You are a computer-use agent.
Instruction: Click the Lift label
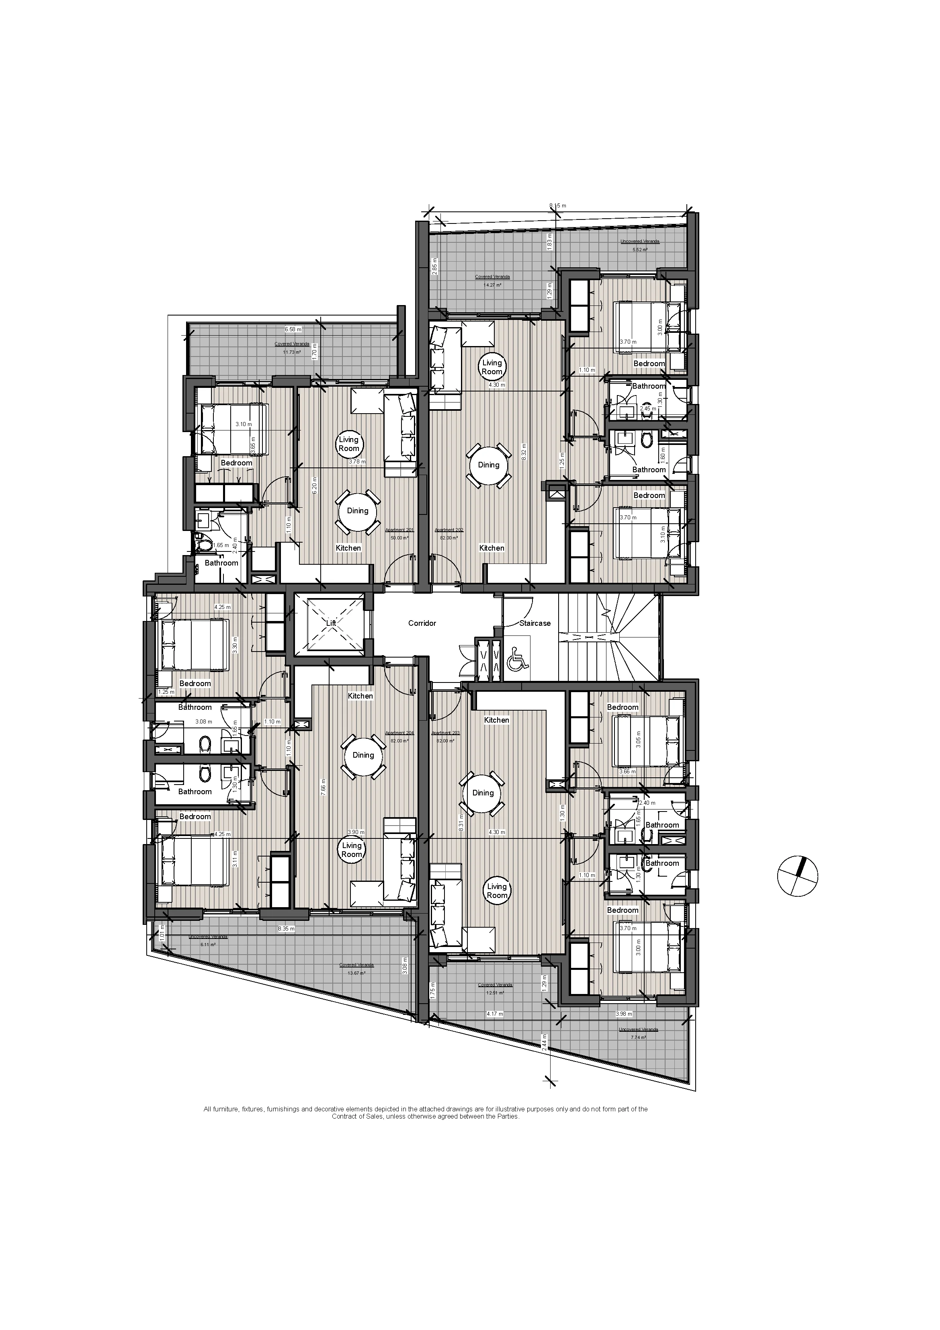(331, 623)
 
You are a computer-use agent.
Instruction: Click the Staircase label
(535, 623)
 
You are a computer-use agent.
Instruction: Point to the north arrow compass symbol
(797, 876)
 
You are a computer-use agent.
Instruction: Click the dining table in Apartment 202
(488, 465)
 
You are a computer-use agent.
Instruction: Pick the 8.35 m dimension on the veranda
(286, 928)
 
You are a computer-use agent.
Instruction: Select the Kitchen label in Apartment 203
(496, 720)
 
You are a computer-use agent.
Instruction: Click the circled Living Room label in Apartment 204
(351, 850)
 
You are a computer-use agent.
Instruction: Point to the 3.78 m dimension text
(357, 462)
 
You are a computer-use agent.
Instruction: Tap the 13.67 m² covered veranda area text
(357, 973)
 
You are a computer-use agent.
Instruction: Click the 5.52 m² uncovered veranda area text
(639, 250)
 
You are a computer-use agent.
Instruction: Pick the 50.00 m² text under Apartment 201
(399, 537)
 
